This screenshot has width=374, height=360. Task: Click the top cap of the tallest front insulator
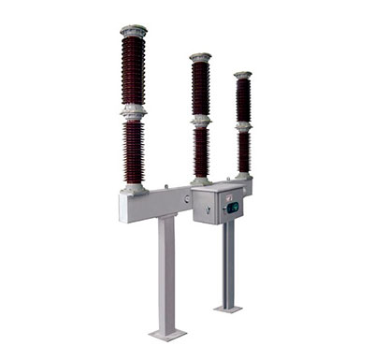[134, 31]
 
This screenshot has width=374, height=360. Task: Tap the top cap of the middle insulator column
[200, 57]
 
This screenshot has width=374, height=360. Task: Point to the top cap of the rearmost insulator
[243, 74]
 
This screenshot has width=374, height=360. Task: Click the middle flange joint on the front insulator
[134, 111]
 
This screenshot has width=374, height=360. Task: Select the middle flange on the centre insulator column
[200, 121]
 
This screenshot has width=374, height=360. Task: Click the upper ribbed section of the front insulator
[134, 70]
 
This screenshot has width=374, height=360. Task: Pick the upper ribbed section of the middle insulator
[200, 89]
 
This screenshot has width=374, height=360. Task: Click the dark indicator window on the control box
[232, 207]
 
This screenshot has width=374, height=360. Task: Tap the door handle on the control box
[223, 209]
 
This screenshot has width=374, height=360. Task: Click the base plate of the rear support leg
[227, 307]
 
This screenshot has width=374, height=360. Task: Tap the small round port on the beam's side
[186, 198]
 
